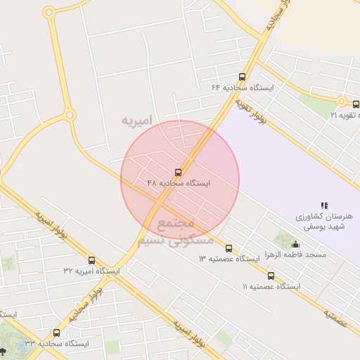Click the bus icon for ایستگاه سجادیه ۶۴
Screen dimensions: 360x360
point(242,77)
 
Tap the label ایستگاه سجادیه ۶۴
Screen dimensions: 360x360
point(242,88)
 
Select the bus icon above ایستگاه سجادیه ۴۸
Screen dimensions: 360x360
point(177,172)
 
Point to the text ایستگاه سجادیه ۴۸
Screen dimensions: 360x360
point(179,183)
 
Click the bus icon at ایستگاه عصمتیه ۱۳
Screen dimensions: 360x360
point(229,248)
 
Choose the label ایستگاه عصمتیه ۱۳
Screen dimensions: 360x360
point(229,259)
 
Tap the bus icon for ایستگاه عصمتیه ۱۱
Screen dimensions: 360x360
point(271,276)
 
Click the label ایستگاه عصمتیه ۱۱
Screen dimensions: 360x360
point(271,287)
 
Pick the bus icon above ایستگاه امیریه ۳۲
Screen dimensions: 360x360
point(91,260)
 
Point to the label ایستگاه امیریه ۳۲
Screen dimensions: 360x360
point(91,271)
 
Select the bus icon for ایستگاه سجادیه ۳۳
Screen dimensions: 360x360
point(56,333)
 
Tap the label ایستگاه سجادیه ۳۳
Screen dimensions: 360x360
point(56,344)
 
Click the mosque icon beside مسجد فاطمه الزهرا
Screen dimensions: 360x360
point(294,244)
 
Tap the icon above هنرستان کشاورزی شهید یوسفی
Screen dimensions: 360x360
point(324,205)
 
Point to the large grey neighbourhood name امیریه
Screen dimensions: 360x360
point(136,120)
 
